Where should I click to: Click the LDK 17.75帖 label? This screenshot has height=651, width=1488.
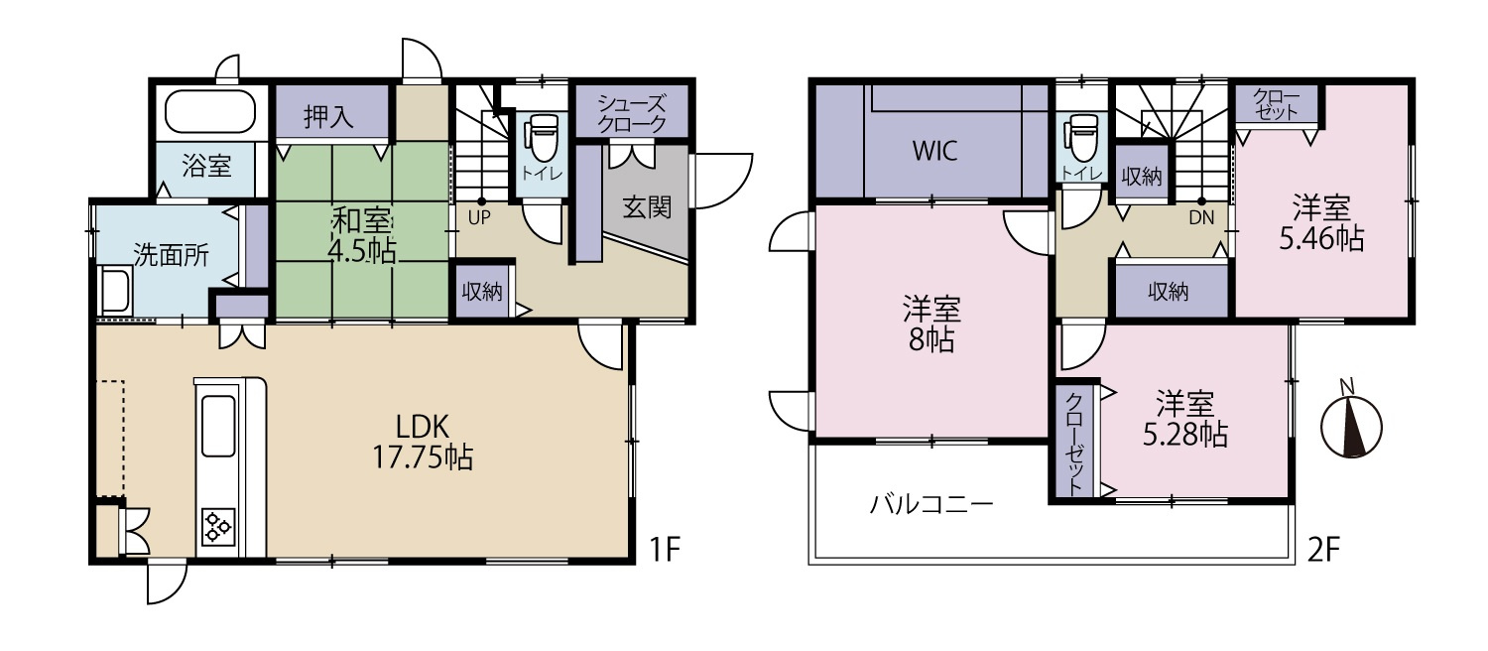(423, 442)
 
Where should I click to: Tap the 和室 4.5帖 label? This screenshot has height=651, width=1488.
(363, 236)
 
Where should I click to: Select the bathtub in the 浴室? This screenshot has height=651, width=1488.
(210, 112)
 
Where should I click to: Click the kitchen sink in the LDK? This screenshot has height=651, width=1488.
(218, 426)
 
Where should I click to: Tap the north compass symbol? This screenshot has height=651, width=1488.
(1351, 424)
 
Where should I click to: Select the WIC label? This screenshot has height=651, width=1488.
(935, 151)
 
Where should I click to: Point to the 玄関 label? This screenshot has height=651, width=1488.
(647, 207)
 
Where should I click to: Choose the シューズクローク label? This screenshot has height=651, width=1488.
(631, 113)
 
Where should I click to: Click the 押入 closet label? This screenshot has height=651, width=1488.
(328, 117)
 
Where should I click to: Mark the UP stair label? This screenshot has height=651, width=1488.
(479, 218)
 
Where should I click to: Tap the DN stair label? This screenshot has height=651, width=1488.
(1201, 218)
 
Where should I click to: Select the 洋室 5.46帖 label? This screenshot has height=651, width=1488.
(1321, 223)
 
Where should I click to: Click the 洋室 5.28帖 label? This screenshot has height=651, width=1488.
(1185, 419)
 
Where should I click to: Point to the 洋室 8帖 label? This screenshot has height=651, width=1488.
(931, 325)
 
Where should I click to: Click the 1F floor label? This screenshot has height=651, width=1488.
(665, 550)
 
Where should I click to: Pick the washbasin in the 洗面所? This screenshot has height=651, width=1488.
(116, 290)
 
